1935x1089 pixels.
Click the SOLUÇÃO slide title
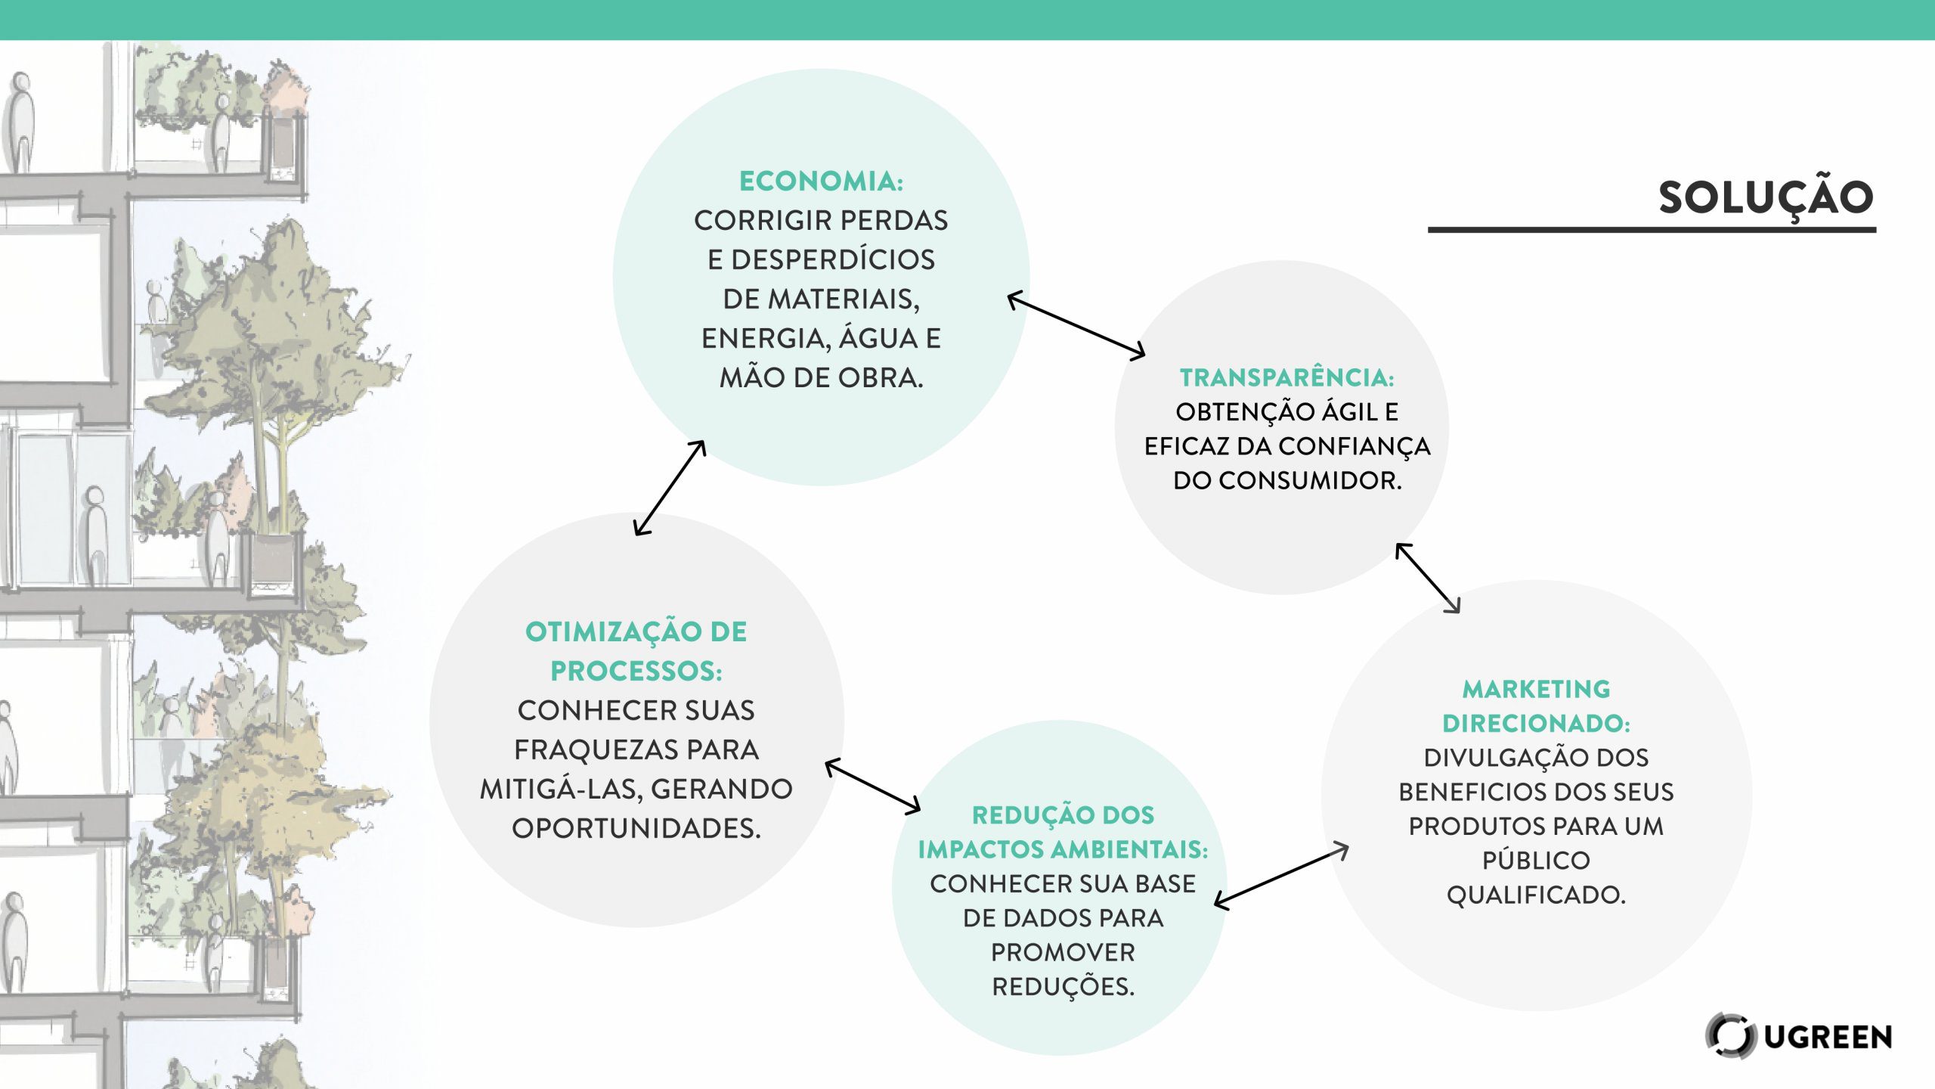tap(1766, 198)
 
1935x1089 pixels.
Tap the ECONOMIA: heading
tap(821, 181)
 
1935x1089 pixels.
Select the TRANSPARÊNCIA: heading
tap(1286, 377)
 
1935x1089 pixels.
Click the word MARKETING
tap(1536, 689)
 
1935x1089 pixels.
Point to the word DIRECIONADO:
tap(1536, 724)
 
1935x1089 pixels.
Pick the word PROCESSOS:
tap(636, 671)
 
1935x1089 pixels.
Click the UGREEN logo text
tap(1828, 1037)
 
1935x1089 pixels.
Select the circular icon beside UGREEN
tap(1729, 1035)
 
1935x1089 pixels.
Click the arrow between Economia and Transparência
tap(1076, 324)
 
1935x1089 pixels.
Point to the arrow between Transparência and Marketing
tap(1427, 578)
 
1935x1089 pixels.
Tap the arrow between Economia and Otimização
tap(670, 489)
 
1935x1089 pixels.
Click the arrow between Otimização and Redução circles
tap(873, 786)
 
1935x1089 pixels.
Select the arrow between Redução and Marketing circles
tap(1281, 876)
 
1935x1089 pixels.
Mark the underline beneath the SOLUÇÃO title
tap(1652, 229)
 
